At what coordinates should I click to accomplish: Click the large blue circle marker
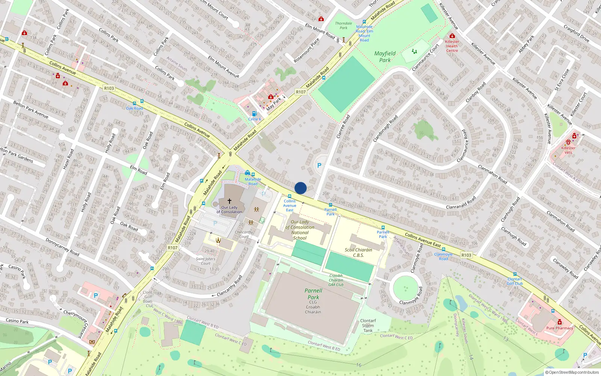tap(300, 188)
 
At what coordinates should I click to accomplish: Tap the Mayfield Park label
tap(385, 57)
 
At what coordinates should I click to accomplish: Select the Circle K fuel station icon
tap(254, 114)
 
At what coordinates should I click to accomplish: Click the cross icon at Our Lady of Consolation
tap(230, 201)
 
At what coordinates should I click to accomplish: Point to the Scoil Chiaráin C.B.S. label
tap(358, 252)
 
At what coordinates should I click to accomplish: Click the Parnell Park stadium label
tap(313, 294)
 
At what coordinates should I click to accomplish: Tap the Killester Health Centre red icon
tap(452, 36)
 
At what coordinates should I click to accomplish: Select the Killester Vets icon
tap(568, 142)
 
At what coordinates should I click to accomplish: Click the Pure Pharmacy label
tap(560, 328)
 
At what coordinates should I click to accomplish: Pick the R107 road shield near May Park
tap(300, 92)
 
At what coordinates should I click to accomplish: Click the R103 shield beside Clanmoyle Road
tap(466, 255)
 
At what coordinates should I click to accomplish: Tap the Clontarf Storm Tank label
tap(368, 326)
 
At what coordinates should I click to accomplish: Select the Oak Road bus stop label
tap(134, 108)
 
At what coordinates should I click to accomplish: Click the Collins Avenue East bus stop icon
tap(289, 196)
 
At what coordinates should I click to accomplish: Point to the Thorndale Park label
tap(343, 25)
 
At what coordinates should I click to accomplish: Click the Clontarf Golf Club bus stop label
tap(515, 281)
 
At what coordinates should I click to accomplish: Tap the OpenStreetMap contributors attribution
tap(572, 372)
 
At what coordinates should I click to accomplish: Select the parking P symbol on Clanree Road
tap(319, 165)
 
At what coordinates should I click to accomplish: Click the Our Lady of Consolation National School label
tap(300, 230)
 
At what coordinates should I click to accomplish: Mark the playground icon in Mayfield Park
tap(414, 51)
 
